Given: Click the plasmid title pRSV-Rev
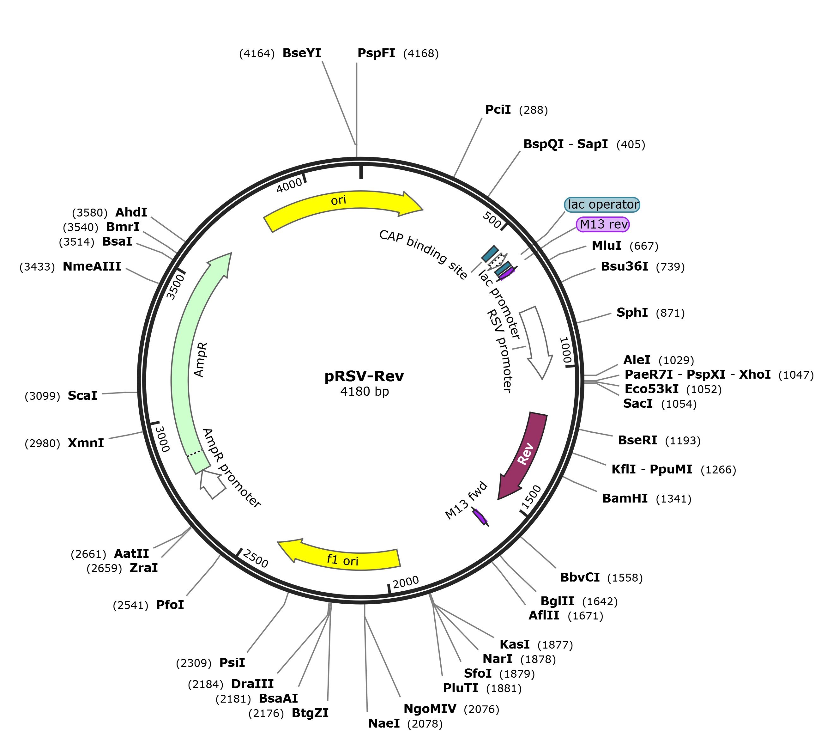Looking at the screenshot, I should click(364, 376).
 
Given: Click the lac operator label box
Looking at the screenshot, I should click(602, 204).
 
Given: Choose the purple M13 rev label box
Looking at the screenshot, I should click(603, 224).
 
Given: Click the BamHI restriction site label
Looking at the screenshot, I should click(625, 498).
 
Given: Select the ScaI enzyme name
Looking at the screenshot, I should click(82, 395).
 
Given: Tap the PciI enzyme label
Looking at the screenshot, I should click(498, 110).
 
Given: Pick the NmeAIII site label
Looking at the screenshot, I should click(92, 266).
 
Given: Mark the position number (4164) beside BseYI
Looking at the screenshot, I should click(257, 53).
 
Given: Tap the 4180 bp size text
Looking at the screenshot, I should click(365, 392).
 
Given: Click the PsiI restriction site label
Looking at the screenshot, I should click(232, 662).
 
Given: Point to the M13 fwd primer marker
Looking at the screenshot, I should click(480, 516).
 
